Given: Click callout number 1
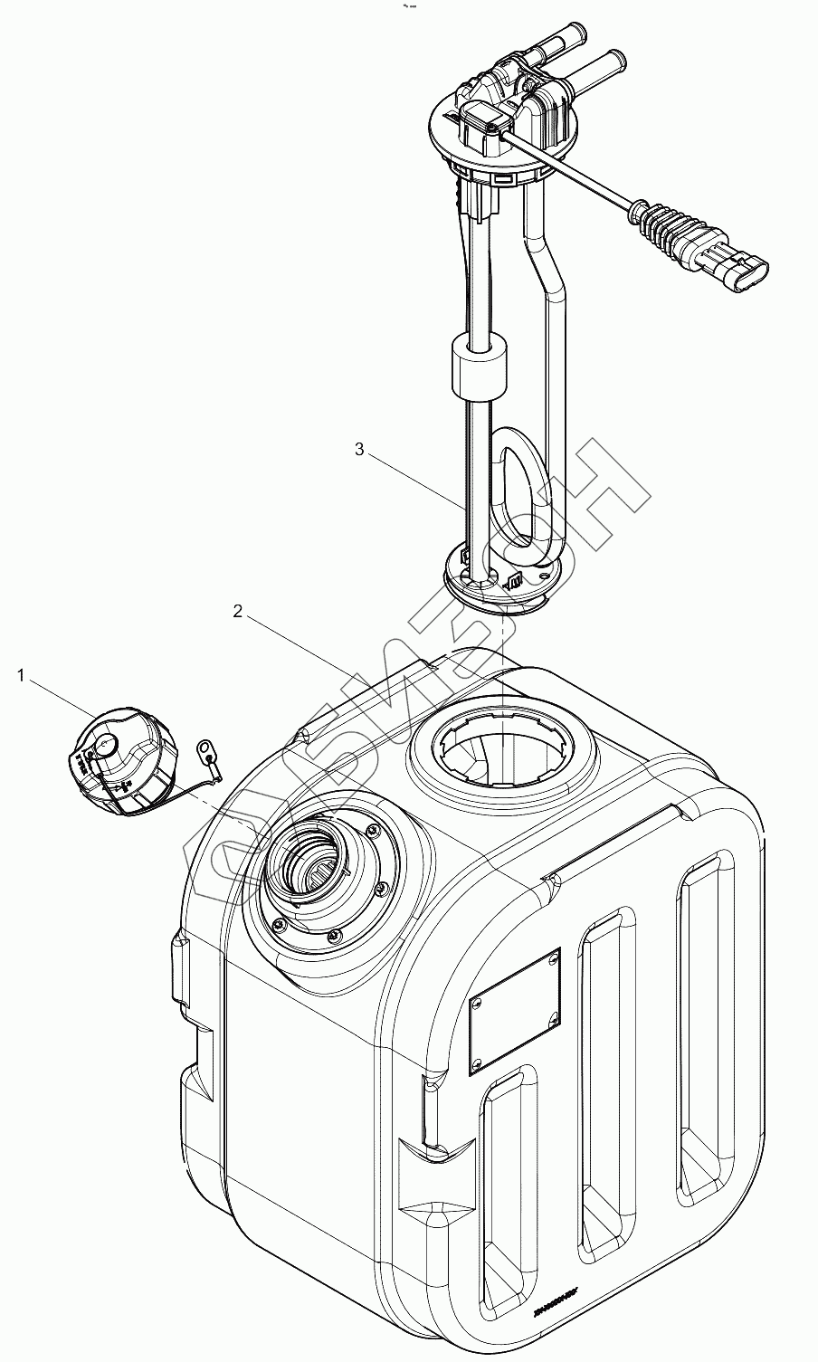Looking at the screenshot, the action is [x=21, y=674].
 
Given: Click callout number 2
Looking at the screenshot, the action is [x=237, y=611].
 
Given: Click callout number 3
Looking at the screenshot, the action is [x=359, y=450].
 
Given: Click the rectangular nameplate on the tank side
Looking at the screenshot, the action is [x=514, y=1010].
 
